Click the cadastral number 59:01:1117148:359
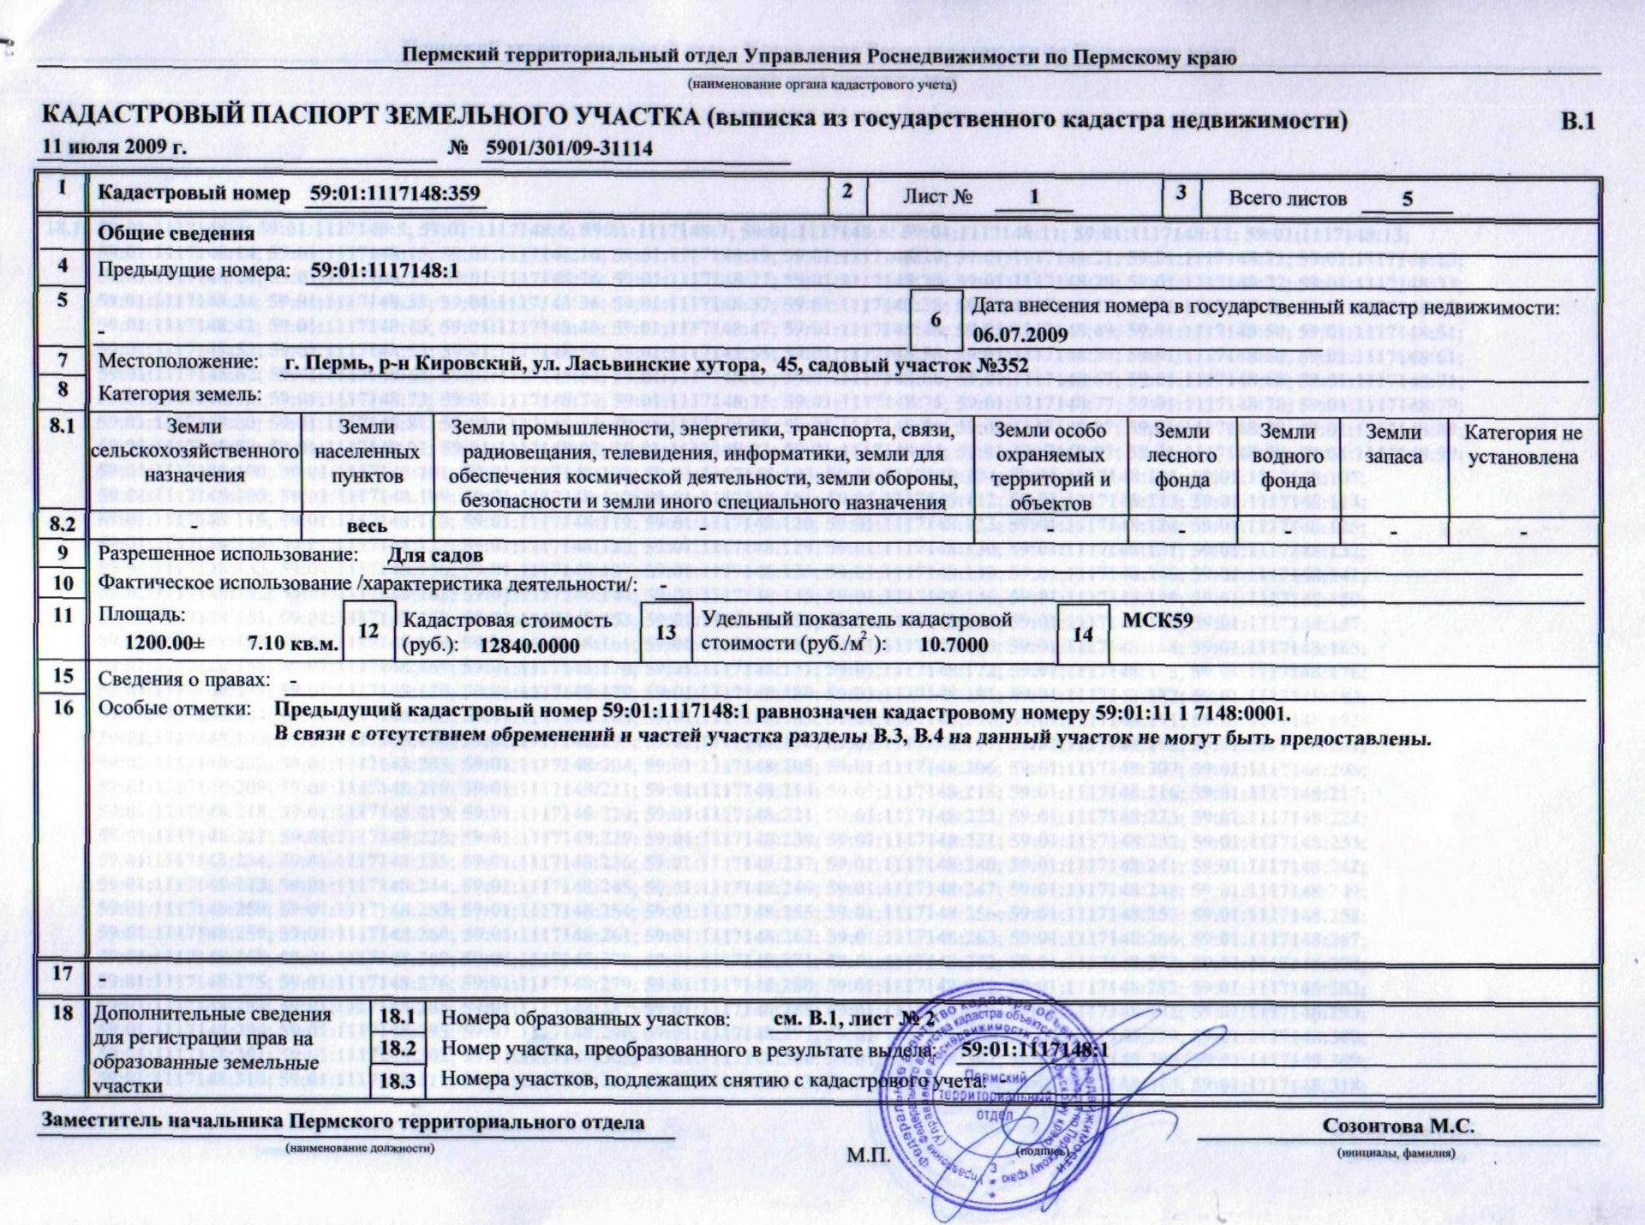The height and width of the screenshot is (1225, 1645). pos(395,193)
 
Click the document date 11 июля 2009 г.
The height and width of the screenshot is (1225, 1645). pos(114,146)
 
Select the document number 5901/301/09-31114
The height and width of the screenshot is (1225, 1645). pos(569,148)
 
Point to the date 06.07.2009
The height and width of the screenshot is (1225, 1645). pos(1020,334)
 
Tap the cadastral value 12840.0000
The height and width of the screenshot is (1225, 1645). pos(529,645)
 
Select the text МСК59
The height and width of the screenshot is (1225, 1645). pos(1157,619)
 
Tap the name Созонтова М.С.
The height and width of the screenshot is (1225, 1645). pos(1398,1126)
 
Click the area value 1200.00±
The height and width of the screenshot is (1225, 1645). pos(164,643)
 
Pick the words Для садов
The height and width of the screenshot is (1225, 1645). pos(435,555)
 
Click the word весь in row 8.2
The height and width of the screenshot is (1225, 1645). pos(367,526)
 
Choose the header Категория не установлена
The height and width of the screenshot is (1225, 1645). pos(1522,445)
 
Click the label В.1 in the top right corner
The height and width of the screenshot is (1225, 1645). pos(1577,121)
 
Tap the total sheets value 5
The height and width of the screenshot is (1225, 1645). pos(1407,199)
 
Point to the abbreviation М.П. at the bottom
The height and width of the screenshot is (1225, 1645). pos(869,1156)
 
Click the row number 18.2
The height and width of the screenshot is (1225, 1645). pos(398,1049)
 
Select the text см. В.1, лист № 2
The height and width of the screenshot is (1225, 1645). pos(853,1019)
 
